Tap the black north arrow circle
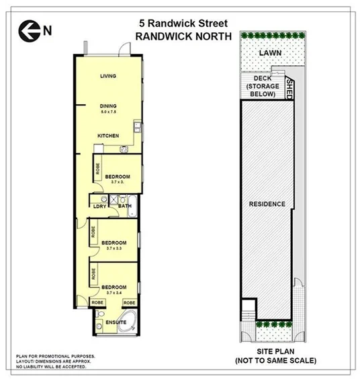[29, 29]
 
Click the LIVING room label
[108, 76]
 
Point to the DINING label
[108, 105]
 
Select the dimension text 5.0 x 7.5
[108, 112]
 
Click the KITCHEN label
[108, 136]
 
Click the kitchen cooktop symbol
[124, 148]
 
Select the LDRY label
[100, 206]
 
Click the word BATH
[124, 206]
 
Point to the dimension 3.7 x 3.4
[114, 293]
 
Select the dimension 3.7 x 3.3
[114, 248]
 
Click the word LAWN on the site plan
[272, 52]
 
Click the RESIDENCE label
[267, 204]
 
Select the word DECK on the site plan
[261, 79]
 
